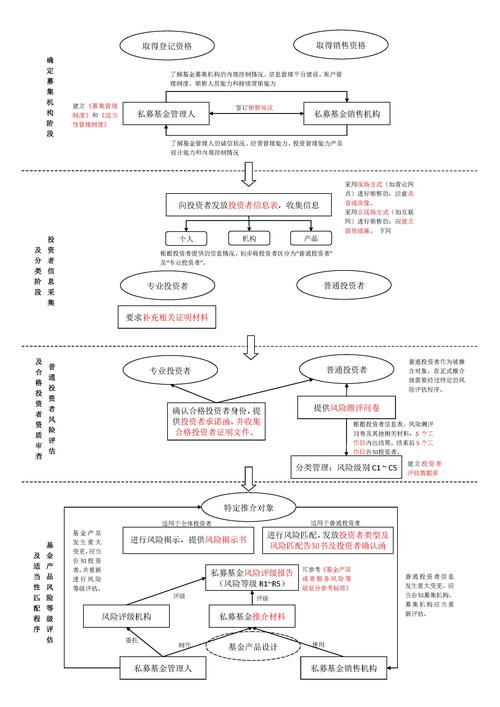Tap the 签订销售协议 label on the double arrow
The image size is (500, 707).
click(x=260, y=105)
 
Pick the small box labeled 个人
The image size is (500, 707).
click(x=185, y=240)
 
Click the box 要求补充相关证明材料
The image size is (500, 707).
click(x=167, y=317)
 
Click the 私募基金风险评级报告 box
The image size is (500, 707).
click(x=250, y=577)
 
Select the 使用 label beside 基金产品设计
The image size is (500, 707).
click(x=318, y=642)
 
